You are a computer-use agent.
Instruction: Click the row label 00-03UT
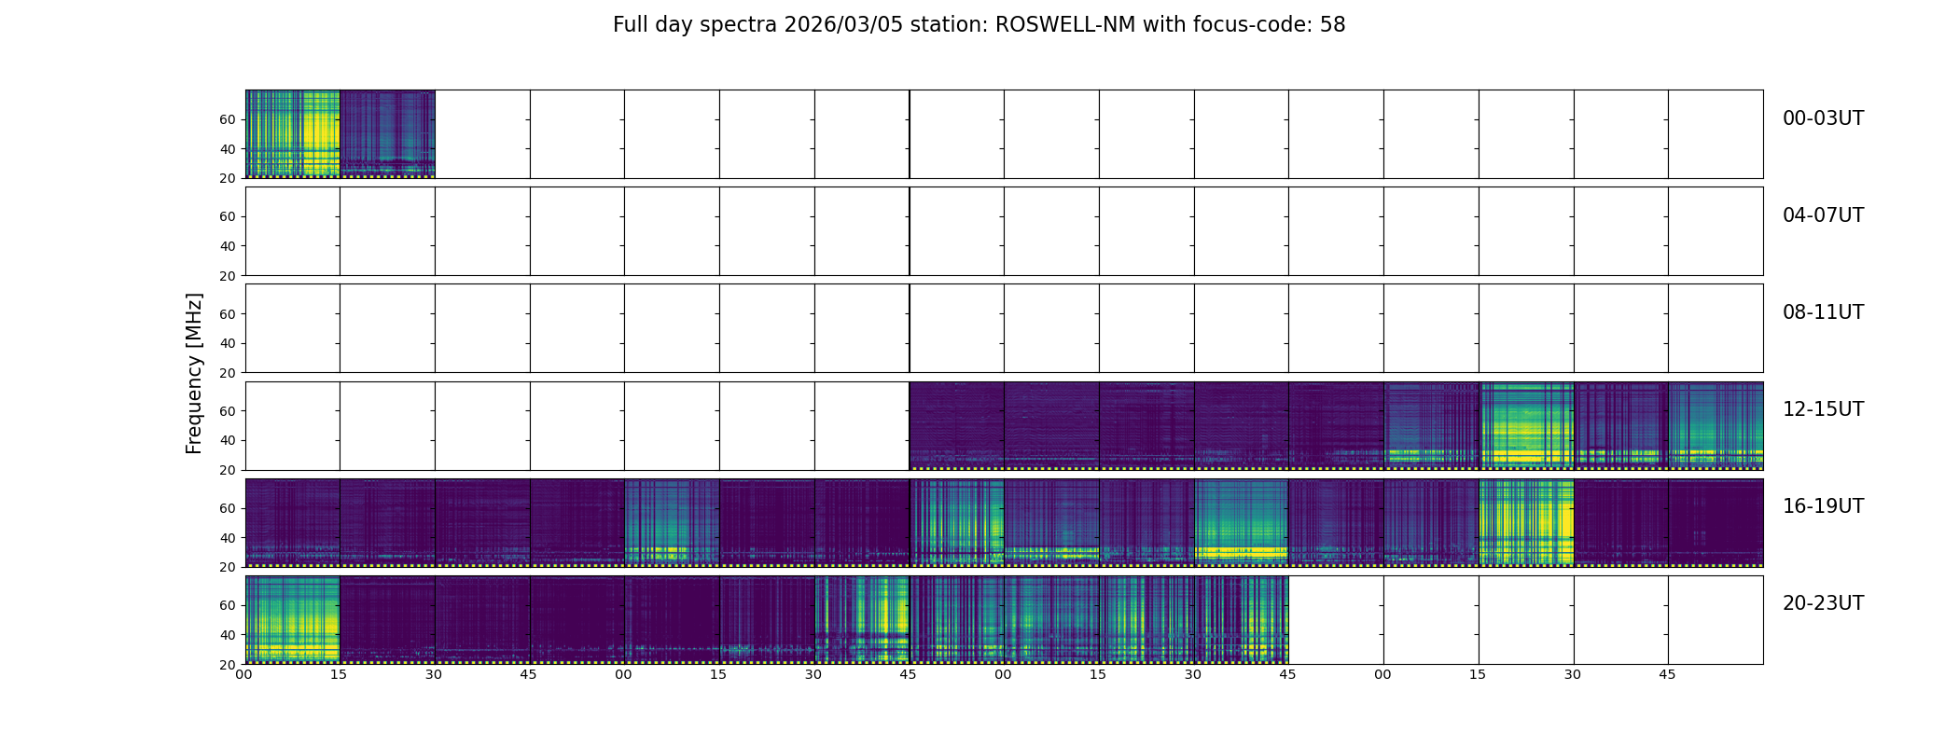click(1823, 118)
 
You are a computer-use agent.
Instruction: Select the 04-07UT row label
click(1823, 215)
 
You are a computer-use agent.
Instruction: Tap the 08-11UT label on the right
click(1823, 312)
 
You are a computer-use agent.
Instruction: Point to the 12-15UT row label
click(1823, 409)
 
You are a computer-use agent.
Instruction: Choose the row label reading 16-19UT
click(1823, 506)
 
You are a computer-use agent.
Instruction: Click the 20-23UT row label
click(1823, 603)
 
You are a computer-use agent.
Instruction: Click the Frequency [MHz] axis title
click(194, 373)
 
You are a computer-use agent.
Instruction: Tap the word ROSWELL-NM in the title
click(1065, 25)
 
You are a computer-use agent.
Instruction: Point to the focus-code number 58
click(1332, 25)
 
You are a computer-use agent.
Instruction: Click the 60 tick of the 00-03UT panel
click(228, 119)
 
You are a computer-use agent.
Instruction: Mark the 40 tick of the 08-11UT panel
click(228, 343)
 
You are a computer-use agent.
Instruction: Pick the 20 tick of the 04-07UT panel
click(228, 276)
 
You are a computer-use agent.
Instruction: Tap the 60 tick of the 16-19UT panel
click(228, 508)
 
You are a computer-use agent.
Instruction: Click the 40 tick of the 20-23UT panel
click(228, 635)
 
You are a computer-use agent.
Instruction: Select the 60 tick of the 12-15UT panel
click(228, 411)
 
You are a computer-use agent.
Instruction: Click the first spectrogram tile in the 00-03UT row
click(292, 134)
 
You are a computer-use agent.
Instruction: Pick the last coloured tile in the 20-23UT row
click(1241, 620)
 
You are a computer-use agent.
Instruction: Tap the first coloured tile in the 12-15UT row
click(956, 426)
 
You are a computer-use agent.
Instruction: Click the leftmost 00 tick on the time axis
click(243, 674)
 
